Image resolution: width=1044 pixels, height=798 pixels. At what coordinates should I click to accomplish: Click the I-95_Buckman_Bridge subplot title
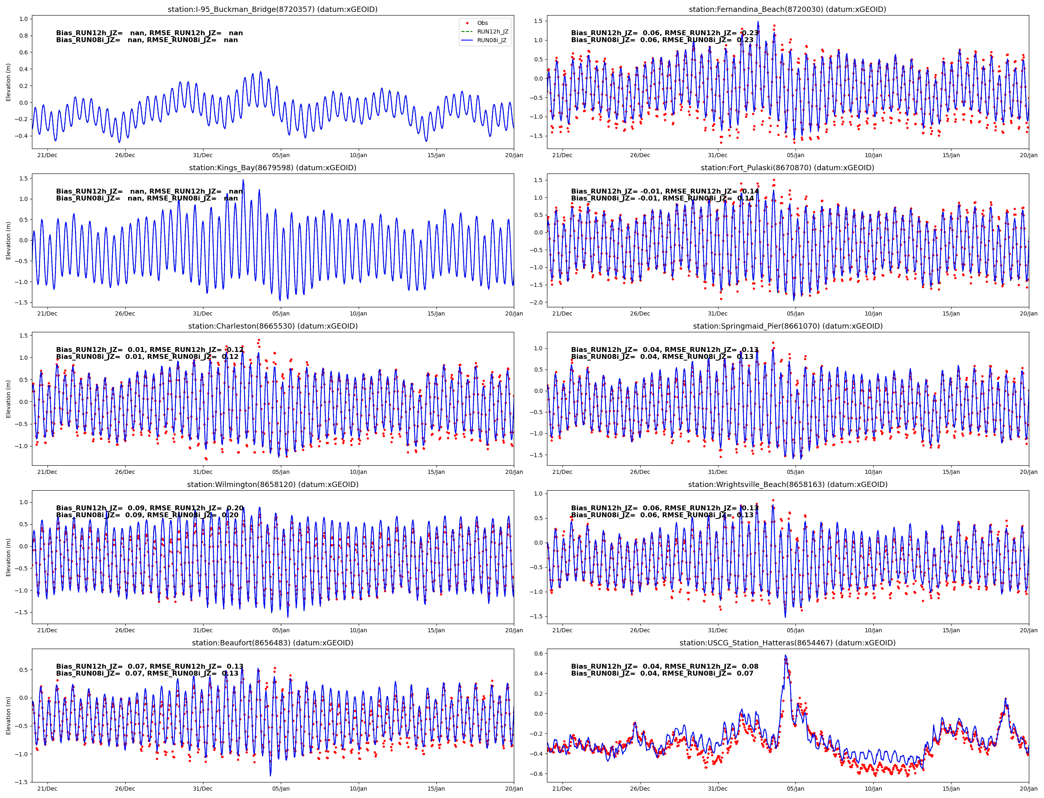(272, 9)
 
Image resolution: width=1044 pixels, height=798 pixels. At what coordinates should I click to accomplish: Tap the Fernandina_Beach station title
(787, 9)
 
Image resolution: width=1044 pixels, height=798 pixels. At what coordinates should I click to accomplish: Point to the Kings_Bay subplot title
(272, 168)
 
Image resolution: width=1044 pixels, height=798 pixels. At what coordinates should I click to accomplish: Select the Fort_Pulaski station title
(787, 168)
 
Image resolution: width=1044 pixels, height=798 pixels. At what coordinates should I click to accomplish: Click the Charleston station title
(272, 326)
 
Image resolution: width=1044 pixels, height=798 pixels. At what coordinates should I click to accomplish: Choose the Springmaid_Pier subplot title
(787, 326)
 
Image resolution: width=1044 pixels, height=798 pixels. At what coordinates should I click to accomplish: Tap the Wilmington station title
(272, 485)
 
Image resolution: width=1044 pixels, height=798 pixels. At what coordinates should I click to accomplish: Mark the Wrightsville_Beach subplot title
(787, 485)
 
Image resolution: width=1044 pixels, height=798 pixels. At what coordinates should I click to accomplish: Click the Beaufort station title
(272, 642)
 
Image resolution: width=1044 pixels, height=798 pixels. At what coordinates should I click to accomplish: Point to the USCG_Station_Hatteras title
(787, 642)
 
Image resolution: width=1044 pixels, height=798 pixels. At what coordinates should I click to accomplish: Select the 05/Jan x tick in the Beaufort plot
(280, 789)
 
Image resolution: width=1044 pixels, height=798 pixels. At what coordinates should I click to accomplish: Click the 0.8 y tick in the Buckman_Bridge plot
(23, 36)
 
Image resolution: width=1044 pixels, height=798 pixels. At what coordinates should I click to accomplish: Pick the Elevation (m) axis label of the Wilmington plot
(8, 557)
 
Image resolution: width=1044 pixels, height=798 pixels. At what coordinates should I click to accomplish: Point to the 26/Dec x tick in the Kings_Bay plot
(125, 313)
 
